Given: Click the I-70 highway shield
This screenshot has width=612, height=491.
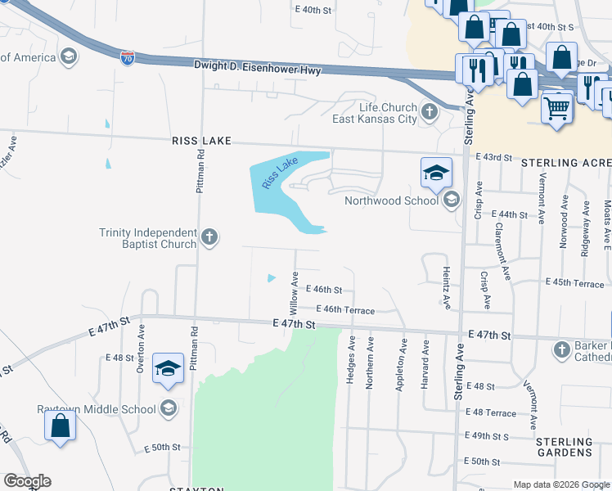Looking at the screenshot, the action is (127, 58).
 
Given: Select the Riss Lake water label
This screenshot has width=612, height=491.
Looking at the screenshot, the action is (280, 174).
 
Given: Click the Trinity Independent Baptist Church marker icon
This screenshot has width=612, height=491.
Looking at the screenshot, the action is (209, 238).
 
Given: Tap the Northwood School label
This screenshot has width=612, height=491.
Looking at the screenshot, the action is (391, 200).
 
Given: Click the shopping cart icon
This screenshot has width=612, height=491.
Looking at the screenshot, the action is (556, 107).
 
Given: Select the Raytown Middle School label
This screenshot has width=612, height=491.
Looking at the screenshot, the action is (96, 409).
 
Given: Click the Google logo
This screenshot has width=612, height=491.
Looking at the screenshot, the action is (27, 481).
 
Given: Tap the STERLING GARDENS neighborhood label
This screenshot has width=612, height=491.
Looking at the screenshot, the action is (564, 447).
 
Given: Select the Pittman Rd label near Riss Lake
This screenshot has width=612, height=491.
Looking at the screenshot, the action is (199, 174).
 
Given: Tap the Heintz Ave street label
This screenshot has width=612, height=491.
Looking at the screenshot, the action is (447, 288).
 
